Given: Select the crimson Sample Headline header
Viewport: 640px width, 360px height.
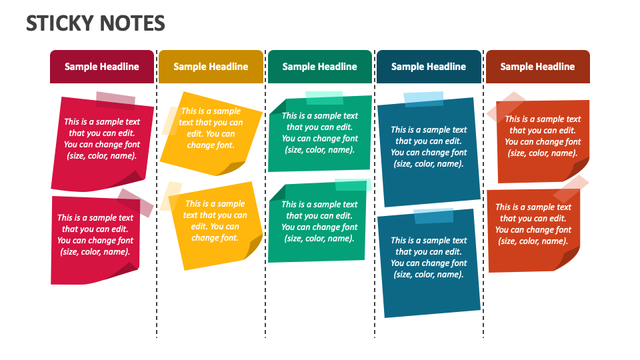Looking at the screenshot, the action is coord(101,67).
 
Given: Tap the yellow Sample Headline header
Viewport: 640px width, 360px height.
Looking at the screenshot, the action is coord(211,67).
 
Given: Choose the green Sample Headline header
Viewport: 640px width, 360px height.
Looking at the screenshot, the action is coord(319,67).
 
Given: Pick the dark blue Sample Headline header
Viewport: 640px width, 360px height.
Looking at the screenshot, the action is coord(429,67).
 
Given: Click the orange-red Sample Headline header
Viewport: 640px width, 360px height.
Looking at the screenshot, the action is coord(537,67).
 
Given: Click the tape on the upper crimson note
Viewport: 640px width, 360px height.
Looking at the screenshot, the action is coord(115,101).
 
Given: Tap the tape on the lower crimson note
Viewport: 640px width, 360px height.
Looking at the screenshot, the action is coord(135,203).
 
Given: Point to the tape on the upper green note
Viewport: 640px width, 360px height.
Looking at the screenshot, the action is coord(324,99).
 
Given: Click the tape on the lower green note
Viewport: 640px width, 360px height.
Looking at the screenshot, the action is coord(353,185).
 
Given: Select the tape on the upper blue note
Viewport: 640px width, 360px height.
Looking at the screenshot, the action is coord(423,99).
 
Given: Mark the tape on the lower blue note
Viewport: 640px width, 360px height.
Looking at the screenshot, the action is coord(433,216).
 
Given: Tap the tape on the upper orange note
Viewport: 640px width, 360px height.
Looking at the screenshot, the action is coord(506,107).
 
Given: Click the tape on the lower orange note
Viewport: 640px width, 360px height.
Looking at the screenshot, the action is coord(571,188).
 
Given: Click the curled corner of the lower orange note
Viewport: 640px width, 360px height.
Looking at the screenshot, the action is coord(567,257).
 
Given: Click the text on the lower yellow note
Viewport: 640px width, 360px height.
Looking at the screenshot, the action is coord(215,221).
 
